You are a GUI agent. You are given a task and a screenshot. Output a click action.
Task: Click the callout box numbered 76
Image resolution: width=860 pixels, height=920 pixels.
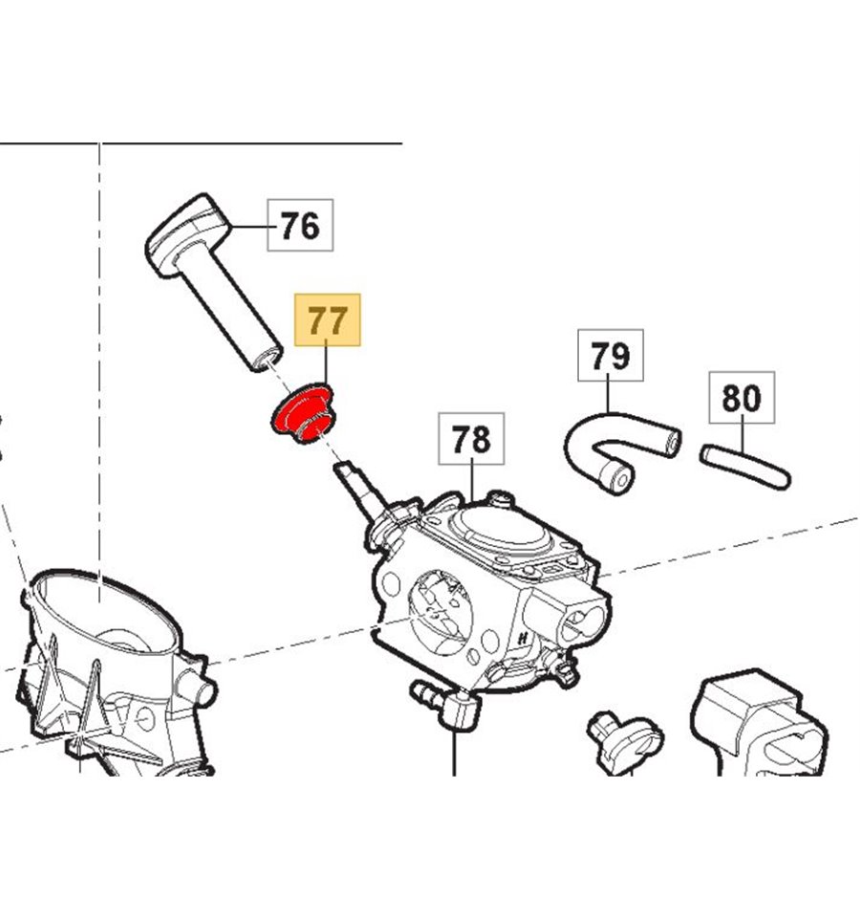(299, 227)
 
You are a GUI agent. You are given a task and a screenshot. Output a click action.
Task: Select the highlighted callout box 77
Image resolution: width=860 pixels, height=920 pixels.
(329, 319)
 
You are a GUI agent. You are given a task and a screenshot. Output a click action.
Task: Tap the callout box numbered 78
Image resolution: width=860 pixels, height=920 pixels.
(471, 440)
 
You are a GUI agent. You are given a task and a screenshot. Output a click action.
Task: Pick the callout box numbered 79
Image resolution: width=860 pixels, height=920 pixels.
(611, 356)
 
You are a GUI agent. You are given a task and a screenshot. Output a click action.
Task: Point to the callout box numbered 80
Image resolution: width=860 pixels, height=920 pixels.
(742, 398)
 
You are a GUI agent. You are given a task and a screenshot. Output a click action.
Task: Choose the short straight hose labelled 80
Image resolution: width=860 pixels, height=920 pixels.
(746, 465)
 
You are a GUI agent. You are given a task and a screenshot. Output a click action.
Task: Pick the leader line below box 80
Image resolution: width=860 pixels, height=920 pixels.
(741, 434)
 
